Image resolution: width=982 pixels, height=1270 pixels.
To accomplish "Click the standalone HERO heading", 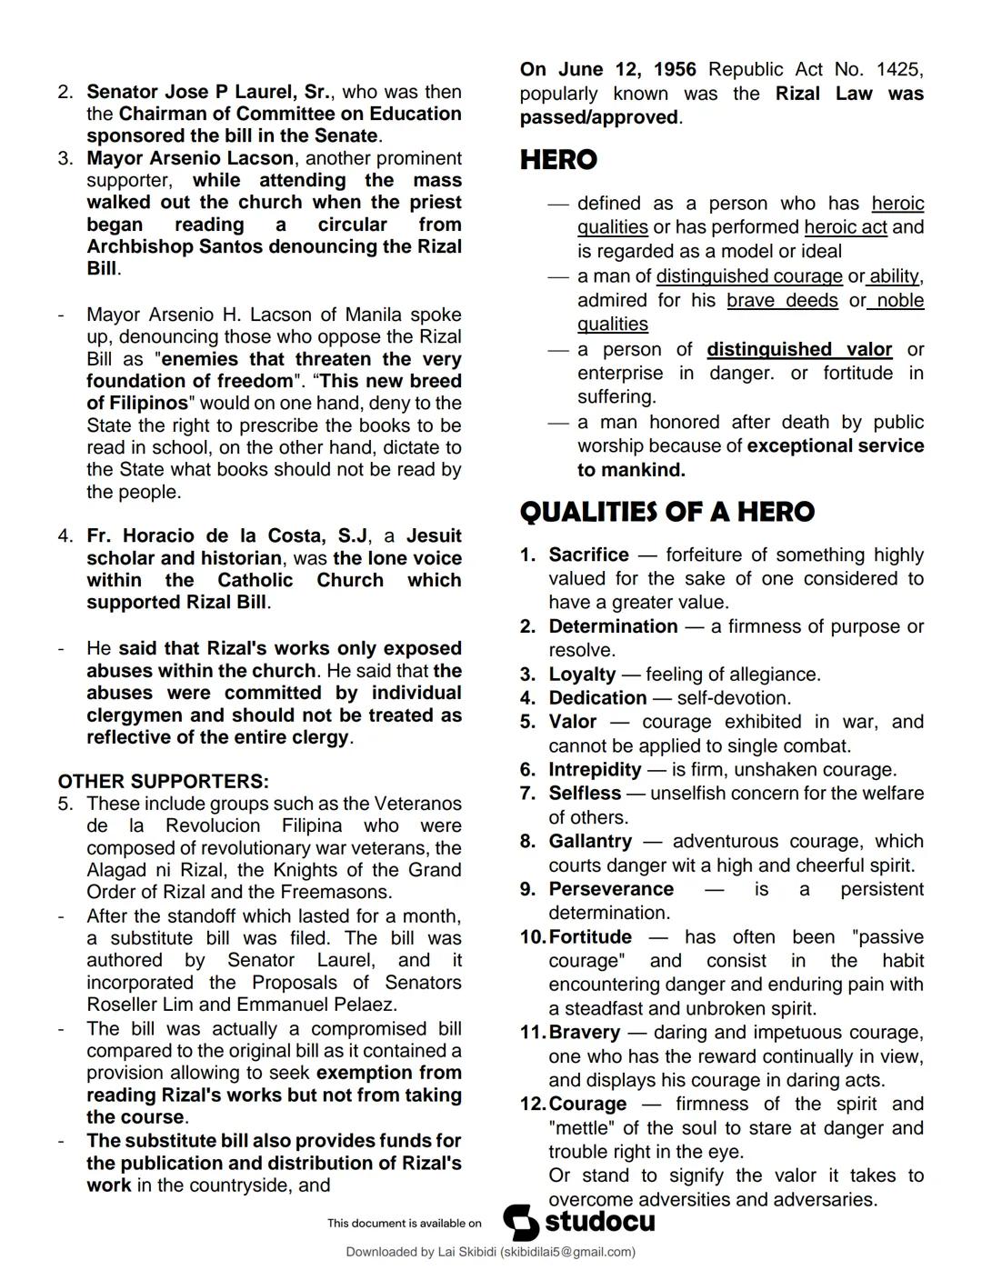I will tap(558, 160).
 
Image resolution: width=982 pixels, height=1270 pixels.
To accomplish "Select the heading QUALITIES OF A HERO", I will tap(666, 512).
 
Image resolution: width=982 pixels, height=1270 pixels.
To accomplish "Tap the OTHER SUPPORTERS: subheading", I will tap(163, 782).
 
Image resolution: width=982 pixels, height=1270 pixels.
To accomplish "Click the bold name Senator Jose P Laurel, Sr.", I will tap(209, 92).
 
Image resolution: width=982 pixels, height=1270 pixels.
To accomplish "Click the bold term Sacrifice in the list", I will tap(588, 555).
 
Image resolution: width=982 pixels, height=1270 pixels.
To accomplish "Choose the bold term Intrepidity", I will tap(595, 770).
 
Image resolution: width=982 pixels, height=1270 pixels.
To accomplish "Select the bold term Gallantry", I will tap(589, 842).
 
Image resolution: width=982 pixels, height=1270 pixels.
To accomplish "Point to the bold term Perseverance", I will tap(611, 889).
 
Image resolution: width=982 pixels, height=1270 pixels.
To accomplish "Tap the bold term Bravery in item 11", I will tap(584, 1033).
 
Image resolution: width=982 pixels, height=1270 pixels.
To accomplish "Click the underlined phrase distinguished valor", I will tap(799, 350).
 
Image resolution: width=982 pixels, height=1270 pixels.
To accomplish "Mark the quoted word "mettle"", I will tap(582, 1128).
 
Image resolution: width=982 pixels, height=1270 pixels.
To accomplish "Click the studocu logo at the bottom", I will tap(579, 1222).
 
